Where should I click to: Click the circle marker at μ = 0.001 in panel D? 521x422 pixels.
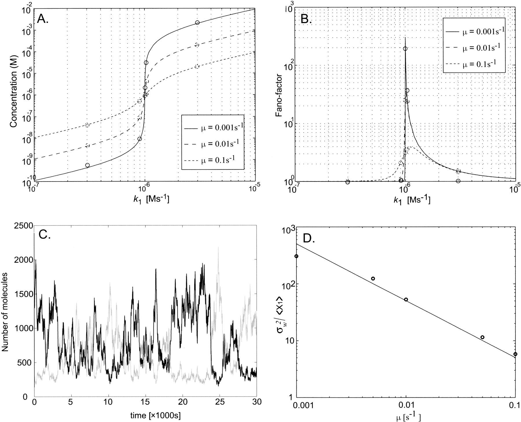296,256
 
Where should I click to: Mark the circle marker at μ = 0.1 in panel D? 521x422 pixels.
515,354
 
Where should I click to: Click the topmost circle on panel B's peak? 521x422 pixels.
405,49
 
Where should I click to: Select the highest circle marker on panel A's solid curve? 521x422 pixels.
197,23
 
